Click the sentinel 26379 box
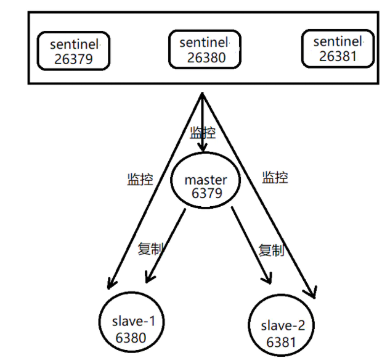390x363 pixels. tap(73, 51)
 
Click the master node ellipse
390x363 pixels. tap(206, 186)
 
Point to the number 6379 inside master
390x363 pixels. tap(206, 194)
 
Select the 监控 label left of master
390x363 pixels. tap(139, 179)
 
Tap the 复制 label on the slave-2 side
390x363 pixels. tap(270, 250)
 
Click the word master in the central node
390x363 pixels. tap(206, 180)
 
